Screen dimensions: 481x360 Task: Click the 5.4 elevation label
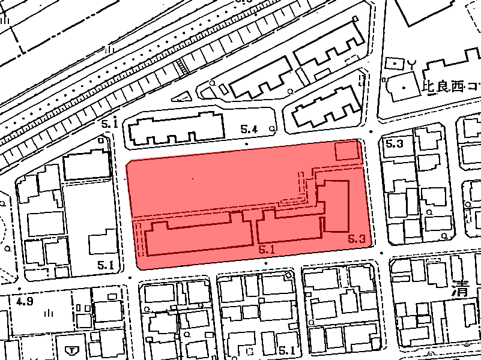[x=249, y=128]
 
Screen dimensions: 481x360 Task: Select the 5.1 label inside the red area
[x=266, y=247]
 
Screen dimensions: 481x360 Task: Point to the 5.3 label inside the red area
[x=356, y=239]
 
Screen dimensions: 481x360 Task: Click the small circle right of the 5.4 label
[x=273, y=128]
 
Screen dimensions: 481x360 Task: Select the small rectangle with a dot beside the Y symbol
[x=396, y=63]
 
